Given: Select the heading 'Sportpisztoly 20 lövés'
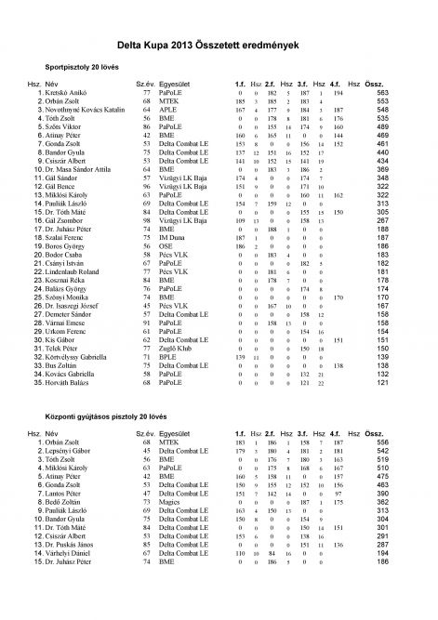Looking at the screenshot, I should point(85,68).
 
